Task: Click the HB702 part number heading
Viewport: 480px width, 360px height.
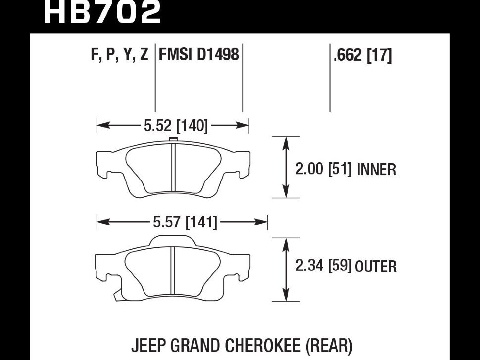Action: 102,12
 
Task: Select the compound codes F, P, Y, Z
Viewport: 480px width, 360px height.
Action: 120,54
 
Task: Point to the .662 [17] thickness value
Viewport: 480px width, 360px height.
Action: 363,56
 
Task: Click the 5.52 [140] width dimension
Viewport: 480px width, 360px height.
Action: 175,126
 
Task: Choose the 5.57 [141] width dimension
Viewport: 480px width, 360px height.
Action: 185,223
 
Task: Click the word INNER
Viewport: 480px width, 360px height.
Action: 377,170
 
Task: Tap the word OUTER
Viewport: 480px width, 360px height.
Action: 376,267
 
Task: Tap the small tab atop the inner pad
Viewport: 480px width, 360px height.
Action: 173,139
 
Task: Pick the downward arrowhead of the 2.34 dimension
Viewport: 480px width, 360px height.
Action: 286,296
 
